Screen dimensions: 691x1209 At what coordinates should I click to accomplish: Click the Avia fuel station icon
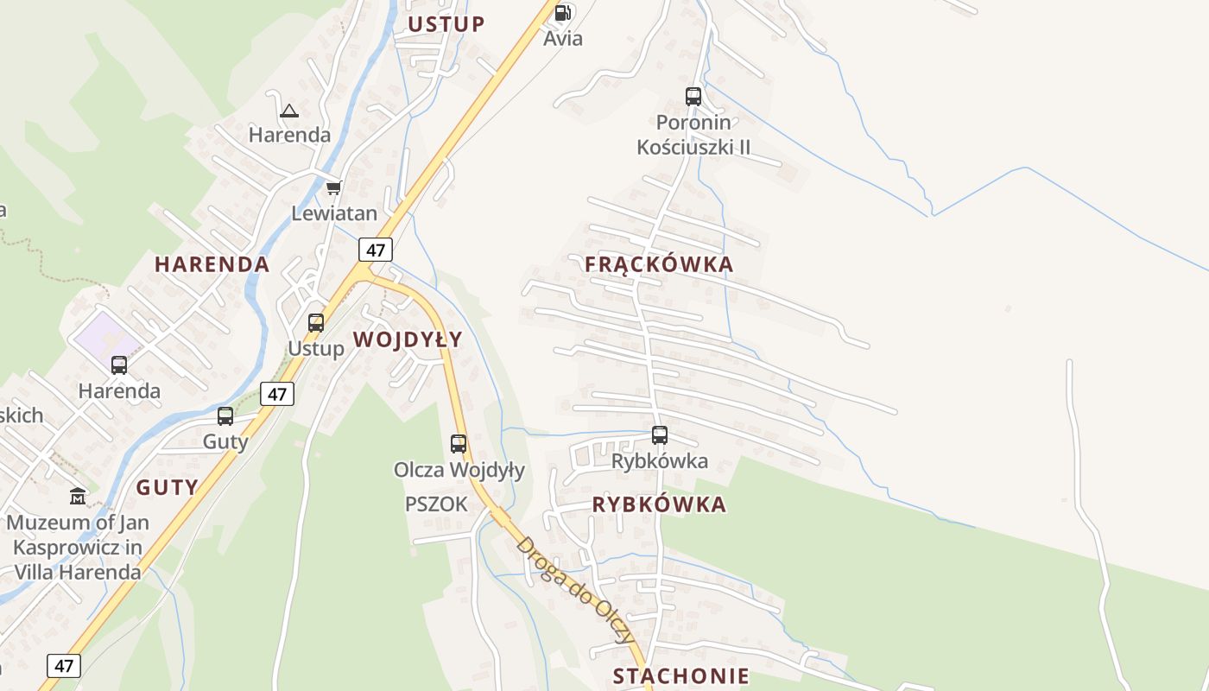(563, 13)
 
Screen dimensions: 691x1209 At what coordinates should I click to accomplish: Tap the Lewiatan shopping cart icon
(333, 187)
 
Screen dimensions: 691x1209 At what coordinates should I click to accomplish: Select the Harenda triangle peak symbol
(289, 111)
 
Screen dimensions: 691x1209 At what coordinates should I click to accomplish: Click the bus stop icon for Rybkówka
(660, 435)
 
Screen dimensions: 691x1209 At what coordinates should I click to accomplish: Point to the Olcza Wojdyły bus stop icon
(459, 444)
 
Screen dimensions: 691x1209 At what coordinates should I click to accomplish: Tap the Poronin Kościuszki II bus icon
(693, 97)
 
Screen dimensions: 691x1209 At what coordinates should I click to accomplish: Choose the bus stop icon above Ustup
(316, 323)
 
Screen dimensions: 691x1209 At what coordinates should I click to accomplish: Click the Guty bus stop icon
(225, 416)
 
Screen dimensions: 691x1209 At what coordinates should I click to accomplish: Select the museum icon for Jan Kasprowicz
(78, 497)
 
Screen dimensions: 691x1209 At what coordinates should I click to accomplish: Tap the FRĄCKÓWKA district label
(659, 265)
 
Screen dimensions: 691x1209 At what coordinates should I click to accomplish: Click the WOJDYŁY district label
(408, 339)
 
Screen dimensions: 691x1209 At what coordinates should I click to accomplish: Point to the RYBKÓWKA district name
(659, 505)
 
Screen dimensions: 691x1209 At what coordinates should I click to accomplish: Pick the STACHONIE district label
(680, 675)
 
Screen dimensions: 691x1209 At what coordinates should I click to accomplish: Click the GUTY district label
(168, 487)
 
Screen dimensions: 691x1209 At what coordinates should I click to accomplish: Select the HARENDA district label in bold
(212, 264)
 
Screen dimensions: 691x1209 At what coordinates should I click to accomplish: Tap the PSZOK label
(436, 504)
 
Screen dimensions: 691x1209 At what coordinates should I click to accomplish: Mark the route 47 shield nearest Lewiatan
(376, 250)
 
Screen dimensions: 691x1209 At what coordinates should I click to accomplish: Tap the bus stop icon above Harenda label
(119, 365)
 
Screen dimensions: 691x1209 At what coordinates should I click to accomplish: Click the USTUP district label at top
(446, 24)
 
